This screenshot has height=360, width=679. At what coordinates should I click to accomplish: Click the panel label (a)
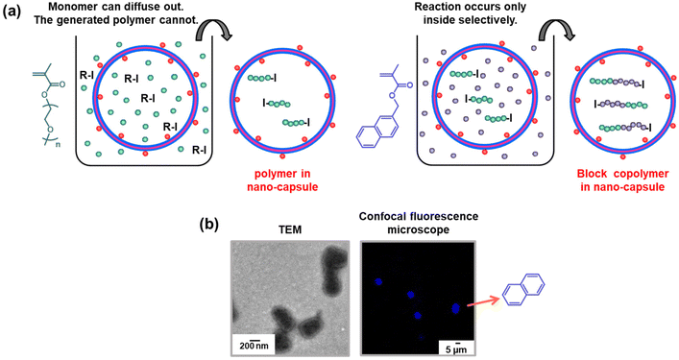(15, 12)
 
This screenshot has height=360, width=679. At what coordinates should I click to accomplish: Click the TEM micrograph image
(290, 293)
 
